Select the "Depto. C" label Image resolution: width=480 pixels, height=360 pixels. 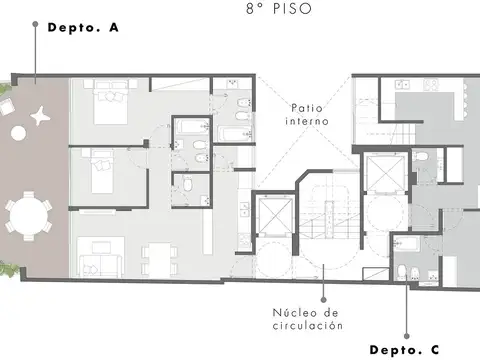click(x=404, y=349)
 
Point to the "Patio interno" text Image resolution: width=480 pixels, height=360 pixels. click(x=307, y=114)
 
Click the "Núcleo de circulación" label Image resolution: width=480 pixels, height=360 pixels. click(x=308, y=319)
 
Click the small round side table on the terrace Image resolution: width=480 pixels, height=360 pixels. click(x=18, y=132)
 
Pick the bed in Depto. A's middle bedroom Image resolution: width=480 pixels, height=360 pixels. click(x=97, y=172)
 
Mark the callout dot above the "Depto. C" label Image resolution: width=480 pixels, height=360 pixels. click(x=408, y=336)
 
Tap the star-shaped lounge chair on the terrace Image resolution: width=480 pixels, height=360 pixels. click(x=39, y=115)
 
